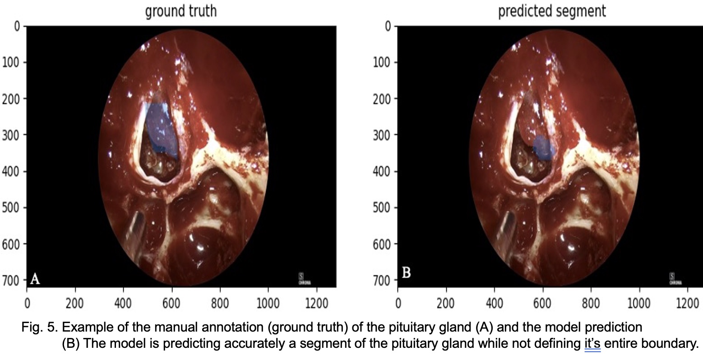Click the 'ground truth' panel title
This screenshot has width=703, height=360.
(180, 11)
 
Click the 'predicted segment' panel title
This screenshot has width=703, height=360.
(552, 11)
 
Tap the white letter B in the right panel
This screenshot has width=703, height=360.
(406, 273)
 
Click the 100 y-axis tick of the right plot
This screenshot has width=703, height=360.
(382, 62)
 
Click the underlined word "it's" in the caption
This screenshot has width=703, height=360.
(591, 343)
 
